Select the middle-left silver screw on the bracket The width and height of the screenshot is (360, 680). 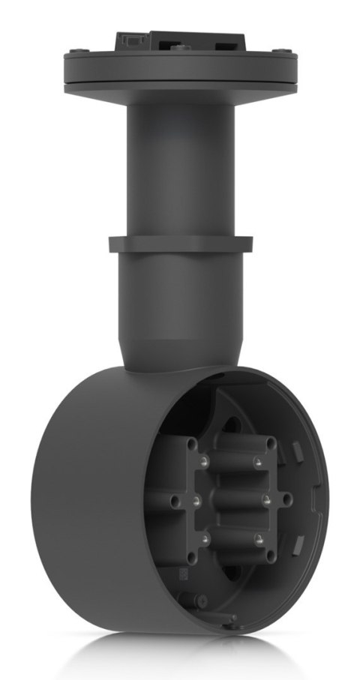coord(194,499)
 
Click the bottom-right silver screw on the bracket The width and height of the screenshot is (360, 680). coord(257,538)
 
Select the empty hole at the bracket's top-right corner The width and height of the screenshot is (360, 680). coord(271,444)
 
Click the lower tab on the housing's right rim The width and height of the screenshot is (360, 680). coord(298,541)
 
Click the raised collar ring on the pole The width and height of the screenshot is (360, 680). coord(179,244)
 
